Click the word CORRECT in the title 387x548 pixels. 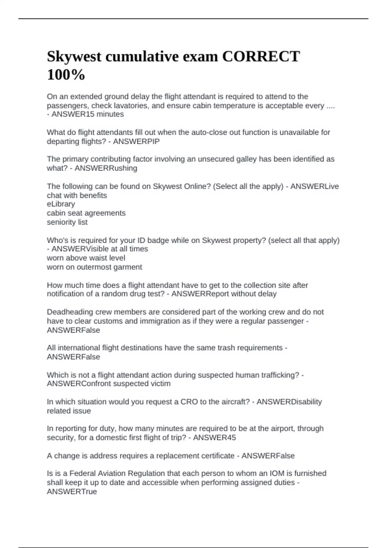(x=261, y=56)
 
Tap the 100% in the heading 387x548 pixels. (x=66, y=75)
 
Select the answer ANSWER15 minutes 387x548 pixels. (x=87, y=114)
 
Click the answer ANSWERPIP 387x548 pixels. (x=136, y=142)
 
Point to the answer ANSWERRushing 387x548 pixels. (x=106, y=168)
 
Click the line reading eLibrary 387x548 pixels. (x=61, y=204)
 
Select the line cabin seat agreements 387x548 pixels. (x=86, y=213)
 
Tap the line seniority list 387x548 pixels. (x=67, y=222)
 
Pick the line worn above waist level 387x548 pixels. (x=86, y=258)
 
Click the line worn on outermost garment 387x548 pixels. (x=94, y=267)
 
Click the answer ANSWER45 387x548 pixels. (x=214, y=438)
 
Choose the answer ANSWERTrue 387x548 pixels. (x=72, y=492)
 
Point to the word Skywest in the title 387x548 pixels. (x=74, y=57)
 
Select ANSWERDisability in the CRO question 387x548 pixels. (x=289, y=402)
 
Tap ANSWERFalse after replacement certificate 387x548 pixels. (x=268, y=456)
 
